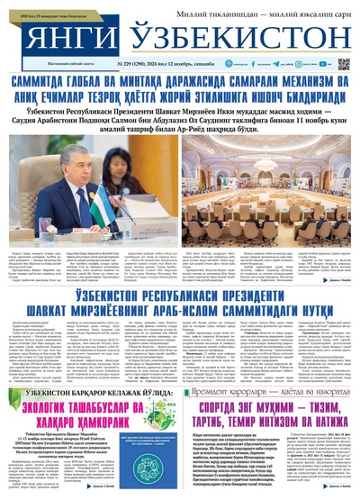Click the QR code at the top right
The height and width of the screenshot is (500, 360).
point(343,64)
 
